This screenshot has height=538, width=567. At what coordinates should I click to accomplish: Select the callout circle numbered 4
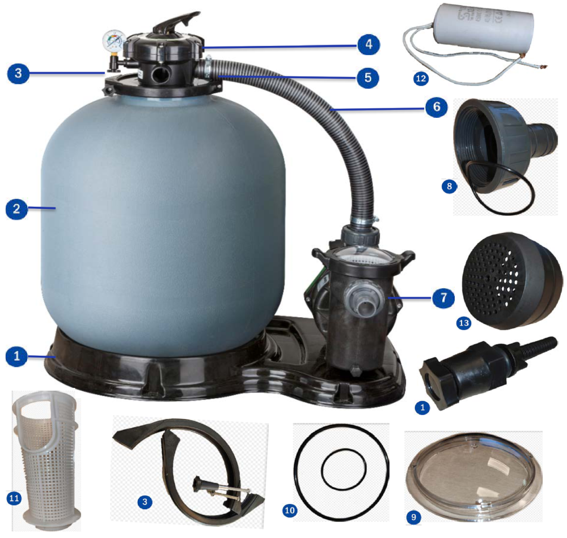pos(369,44)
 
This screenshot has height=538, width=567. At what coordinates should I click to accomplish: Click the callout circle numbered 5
pos(369,77)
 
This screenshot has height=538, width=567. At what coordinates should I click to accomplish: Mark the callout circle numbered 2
pos(16,209)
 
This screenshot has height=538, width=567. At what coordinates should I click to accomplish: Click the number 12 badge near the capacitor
pos(420,79)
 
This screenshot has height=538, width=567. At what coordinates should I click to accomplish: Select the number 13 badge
pos(464,323)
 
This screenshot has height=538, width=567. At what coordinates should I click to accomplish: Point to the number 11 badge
pos(13,498)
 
